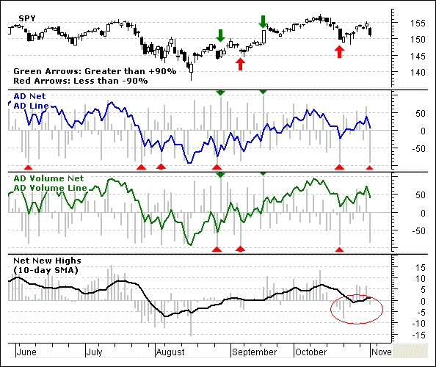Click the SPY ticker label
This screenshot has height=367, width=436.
click(27, 18)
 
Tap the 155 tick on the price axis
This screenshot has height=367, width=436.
click(418, 23)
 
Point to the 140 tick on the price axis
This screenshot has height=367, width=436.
click(418, 72)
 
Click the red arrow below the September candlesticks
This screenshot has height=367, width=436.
click(240, 64)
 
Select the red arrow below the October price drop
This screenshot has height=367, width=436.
click(339, 51)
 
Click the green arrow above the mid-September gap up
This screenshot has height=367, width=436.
click(263, 22)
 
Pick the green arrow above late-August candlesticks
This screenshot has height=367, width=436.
click(220, 35)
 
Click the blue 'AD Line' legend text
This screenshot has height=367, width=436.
click(31, 106)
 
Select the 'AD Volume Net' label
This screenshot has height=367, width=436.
click(48, 178)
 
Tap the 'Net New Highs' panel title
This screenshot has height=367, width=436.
click(47, 261)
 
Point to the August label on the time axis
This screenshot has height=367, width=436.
click(170, 352)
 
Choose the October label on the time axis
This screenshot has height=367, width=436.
click(311, 352)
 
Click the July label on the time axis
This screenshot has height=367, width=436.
click(94, 352)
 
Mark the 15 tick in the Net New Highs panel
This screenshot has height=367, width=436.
click(421, 268)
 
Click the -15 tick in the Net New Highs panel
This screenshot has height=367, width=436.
click(418, 335)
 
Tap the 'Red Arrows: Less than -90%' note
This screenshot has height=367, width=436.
click(81, 81)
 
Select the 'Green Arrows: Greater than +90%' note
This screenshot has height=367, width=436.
click(95, 71)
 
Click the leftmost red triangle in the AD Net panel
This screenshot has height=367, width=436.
click(28, 167)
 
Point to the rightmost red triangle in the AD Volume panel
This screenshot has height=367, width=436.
click(339, 249)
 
